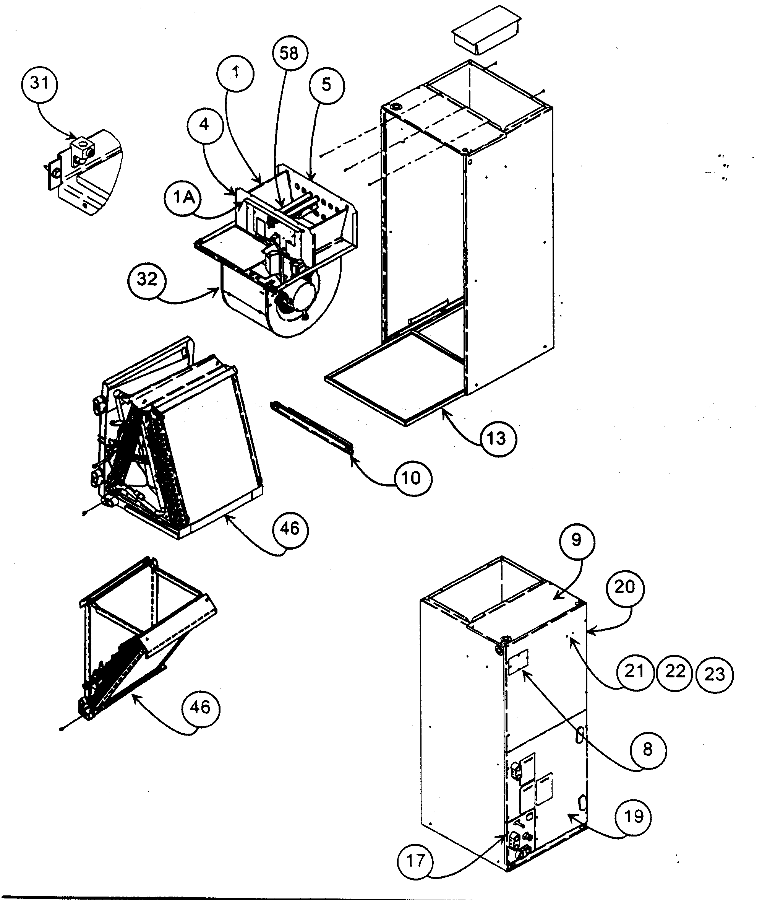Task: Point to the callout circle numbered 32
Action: [147, 280]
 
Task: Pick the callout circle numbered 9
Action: [576, 540]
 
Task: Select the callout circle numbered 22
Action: [675, 671]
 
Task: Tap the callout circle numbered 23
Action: [715, 674]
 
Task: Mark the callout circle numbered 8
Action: [647, 749]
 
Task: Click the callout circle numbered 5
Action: [327, 85]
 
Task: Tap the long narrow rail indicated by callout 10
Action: [311, 426]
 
